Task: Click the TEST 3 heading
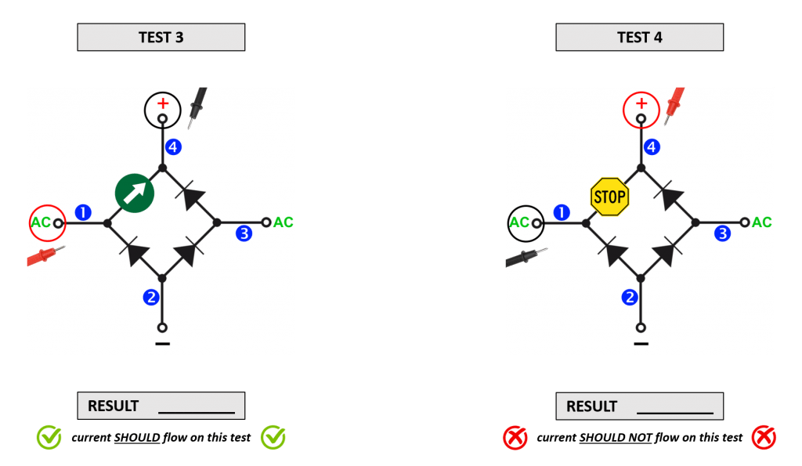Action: click(161, 38)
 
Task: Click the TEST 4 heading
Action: click(639, 38)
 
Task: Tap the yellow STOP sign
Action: click(609, 197)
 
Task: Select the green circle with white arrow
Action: click(134, 193)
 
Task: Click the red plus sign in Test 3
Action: click(163, 103)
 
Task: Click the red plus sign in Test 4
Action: click(641, 103)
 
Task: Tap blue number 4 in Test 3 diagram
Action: click(172, 146)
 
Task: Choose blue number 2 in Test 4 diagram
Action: click(629, 297)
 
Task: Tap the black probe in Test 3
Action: click(198, 105)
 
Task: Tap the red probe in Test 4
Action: click(675, 103)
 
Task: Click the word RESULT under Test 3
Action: click(113, 406)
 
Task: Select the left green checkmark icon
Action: click(49, 438)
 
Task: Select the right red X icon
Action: click(763, 438)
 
